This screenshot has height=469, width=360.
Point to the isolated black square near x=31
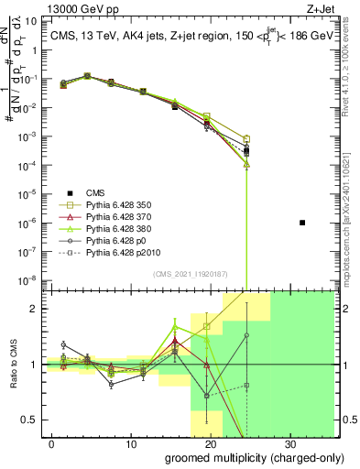point(301,223)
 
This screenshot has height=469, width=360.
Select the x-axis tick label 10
point(131,443)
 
